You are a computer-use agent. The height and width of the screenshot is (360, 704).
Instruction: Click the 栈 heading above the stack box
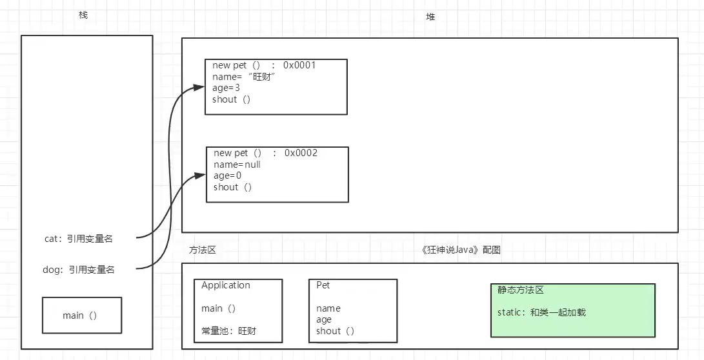pyautogui.click(x=83, y=15)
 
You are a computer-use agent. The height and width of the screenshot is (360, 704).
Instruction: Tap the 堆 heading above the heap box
pyautogui.click(x=430, y=17)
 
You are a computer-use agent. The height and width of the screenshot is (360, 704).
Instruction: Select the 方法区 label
pyautogui.click(x=203, y=250)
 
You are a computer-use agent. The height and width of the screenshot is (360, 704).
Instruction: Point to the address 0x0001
pyautogui.click(x=299, y=66)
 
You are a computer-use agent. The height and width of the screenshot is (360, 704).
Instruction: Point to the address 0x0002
pyautogui.click(x=301, y=153)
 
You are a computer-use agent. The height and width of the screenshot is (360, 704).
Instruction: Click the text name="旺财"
pyautogui.click(x=244, y=77)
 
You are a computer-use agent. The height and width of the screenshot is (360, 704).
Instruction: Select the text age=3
pyautogui.click(x=226, y=88)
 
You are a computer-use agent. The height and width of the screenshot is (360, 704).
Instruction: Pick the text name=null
pyautogui.click(x=237, y=165)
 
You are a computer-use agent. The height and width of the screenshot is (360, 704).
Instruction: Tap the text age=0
pyautogui.click(x=228, y=175)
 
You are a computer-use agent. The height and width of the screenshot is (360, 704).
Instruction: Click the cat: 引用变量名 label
pyautogui.click(x=79, y=239)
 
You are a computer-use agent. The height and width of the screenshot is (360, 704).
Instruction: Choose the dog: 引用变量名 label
pyautogui.click(x=79, y=270)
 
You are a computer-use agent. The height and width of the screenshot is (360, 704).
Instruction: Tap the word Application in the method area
pyautogui.click(x=226, y=286)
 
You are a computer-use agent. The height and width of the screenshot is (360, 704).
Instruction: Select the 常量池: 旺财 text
pyautogui.click(x=229, y=331)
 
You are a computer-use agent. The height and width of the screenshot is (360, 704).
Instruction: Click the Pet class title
pyautogui.click(x=323, y=285)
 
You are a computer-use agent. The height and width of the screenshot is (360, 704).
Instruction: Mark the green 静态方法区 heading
pyautogui.click(x=521, y=290)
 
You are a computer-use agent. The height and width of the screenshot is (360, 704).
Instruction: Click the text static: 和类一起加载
pyautogui.click(x=542, y=312)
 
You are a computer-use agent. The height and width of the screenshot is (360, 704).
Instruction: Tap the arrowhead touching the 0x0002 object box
pyautogui.click(x=201, y=175)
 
